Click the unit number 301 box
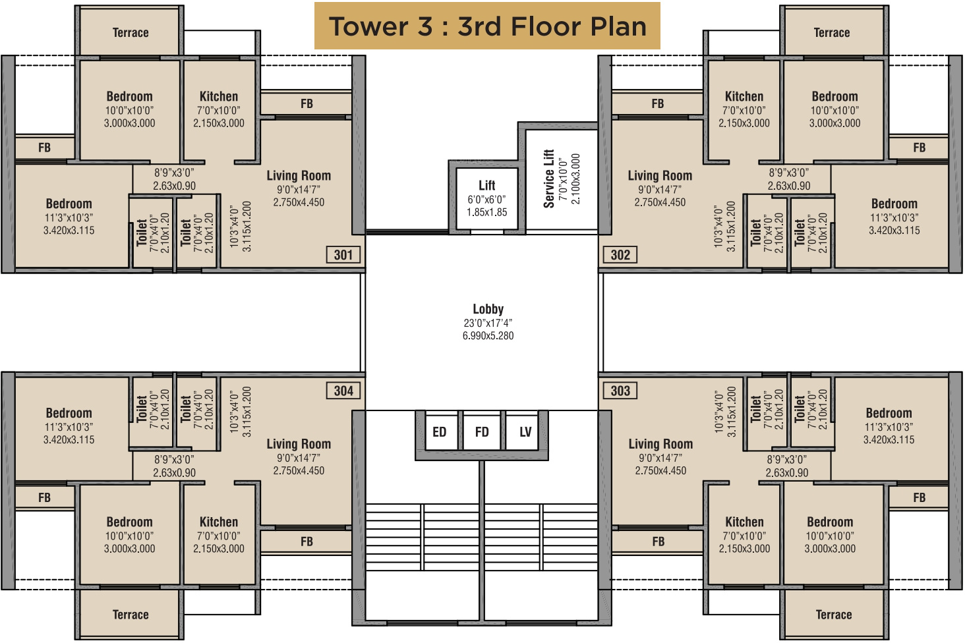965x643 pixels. click(x=343, y=255)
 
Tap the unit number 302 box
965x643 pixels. click(x=620, y=255)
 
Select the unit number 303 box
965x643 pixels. click(x=620, y=391)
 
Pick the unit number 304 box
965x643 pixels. click(x=343, y=391)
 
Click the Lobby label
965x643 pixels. click(x=488, y=309)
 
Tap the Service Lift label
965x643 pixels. click(x=548, y=179)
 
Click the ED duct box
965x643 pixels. click(x=440, y=432)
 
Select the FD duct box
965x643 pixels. click(x=482, y=432)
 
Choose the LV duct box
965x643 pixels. click(x=525, y=432)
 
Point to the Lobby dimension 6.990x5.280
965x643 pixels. click(x=488, y=336)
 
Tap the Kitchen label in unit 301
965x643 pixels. click(x=219, y=96)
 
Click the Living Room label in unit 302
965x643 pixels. click(x=660, y=176)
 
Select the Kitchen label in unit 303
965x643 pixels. click(x=744, y=522)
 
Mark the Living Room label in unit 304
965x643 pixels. click(x=299, y=444)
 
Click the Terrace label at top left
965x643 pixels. click(x=131, y=33)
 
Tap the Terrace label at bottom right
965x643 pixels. click(x=834, y=615)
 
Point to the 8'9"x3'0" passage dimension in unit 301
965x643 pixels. click(x=174, y=173)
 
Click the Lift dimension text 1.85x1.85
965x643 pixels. click(x=487, y=213)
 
